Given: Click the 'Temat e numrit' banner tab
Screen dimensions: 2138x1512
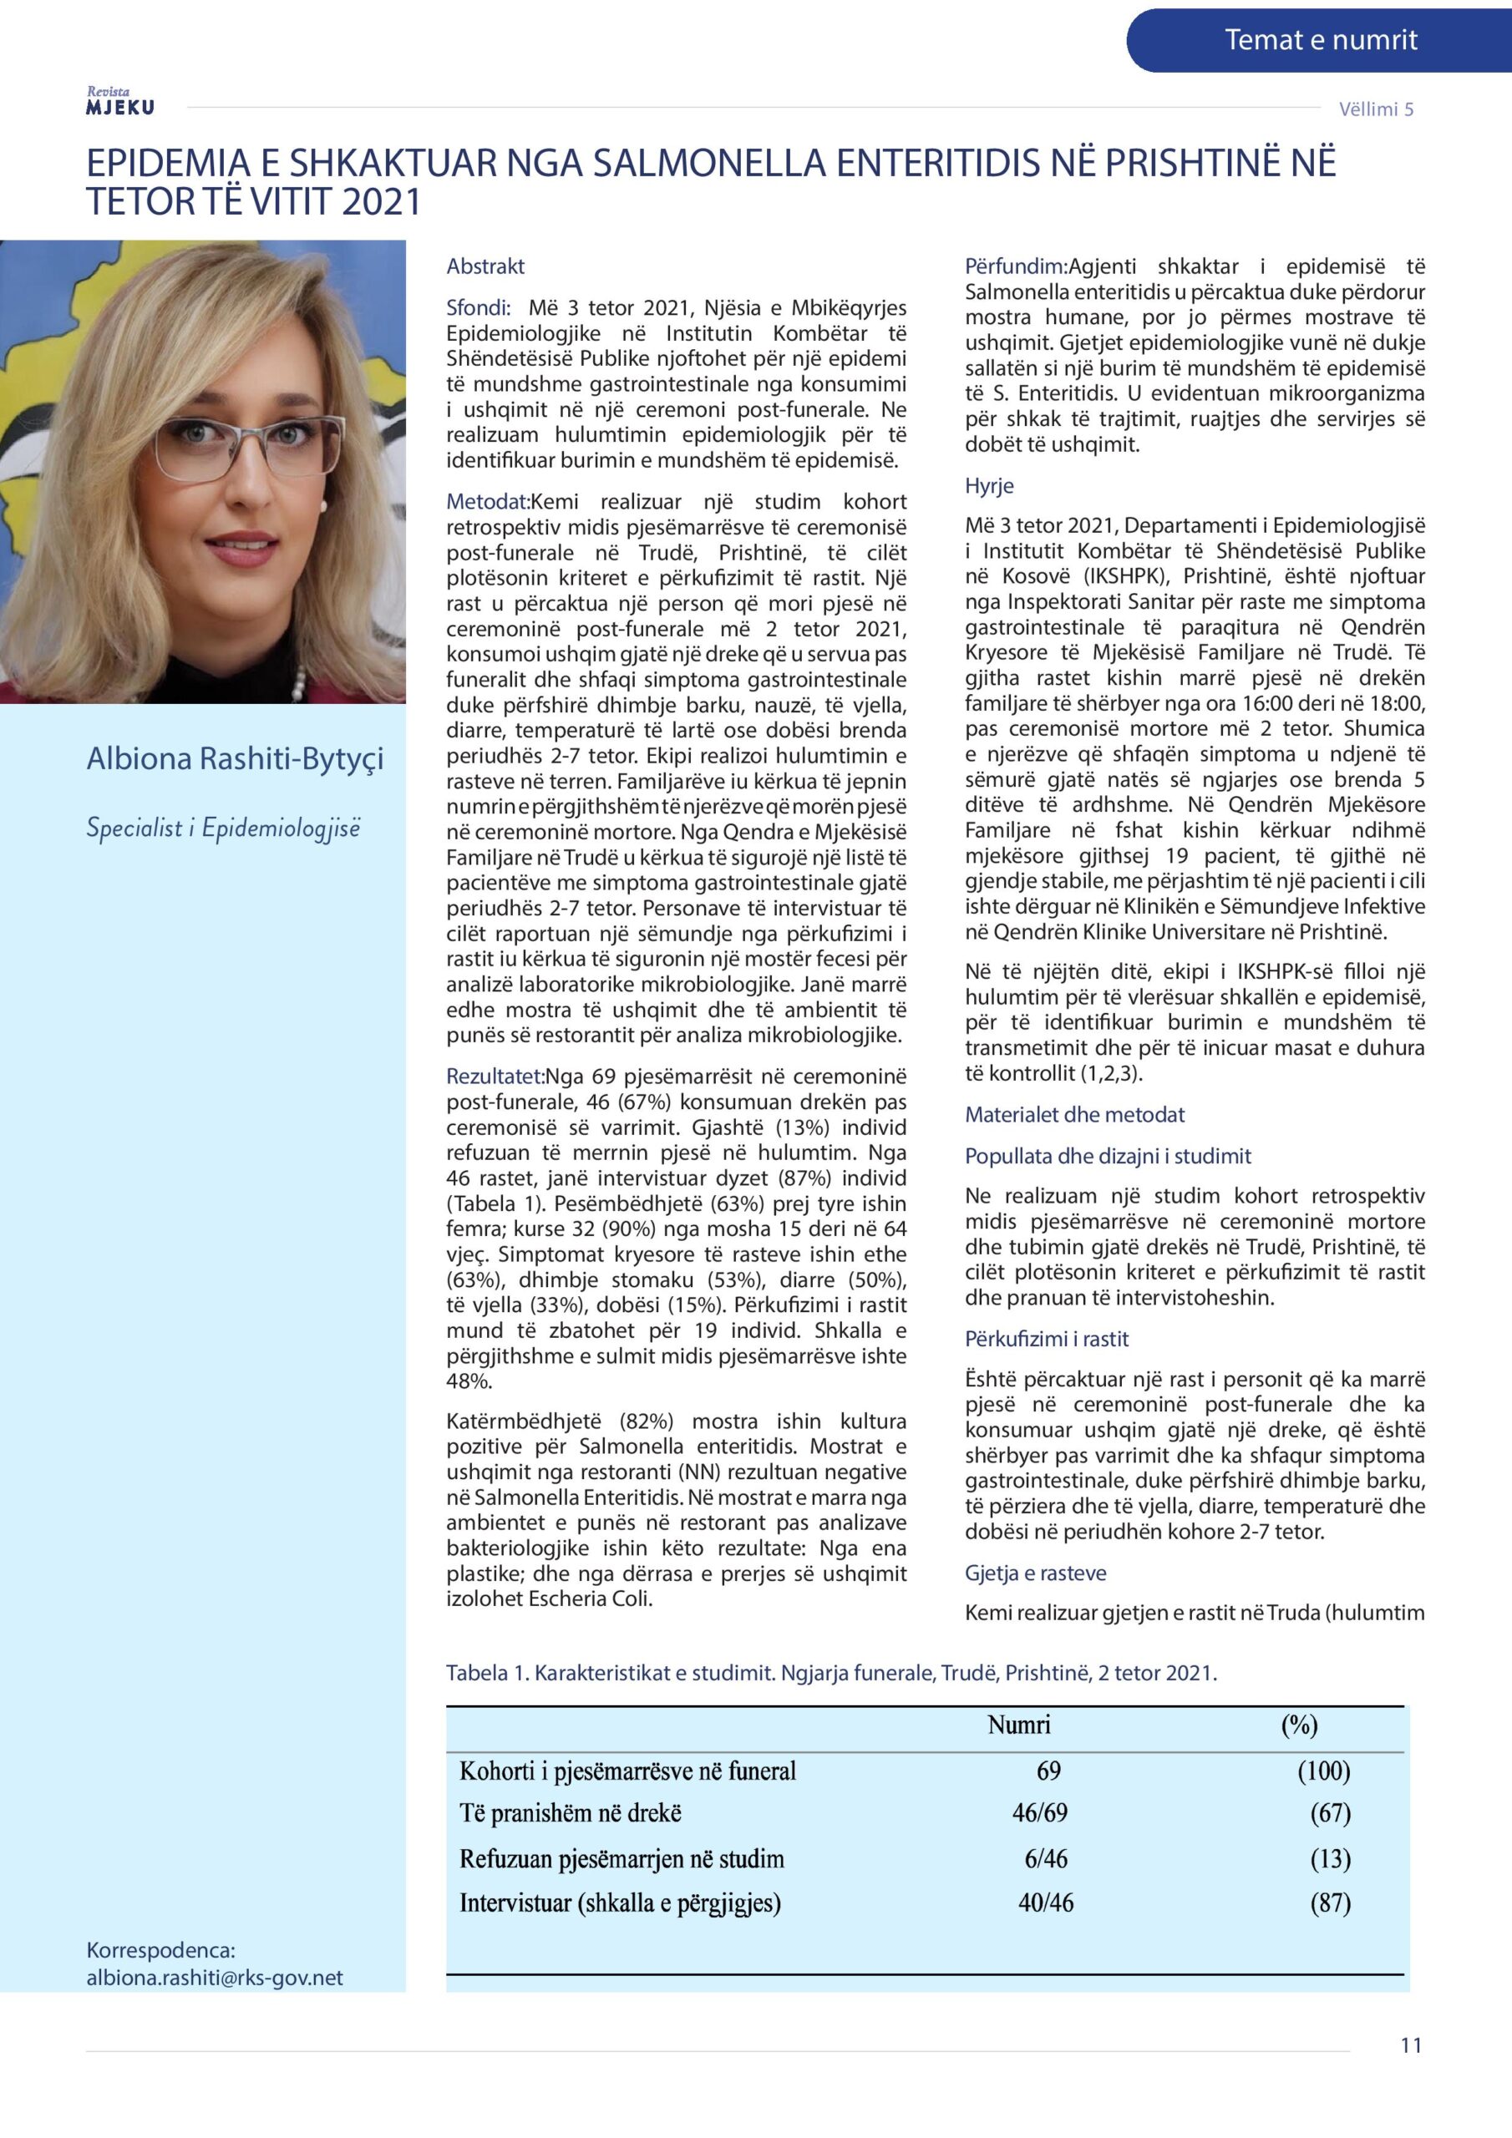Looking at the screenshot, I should click(x=1320, y=40).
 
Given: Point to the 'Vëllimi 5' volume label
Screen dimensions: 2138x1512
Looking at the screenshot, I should click(x=1375, y=109).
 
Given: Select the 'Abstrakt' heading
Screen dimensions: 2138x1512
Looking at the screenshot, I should click(x=485, y=266).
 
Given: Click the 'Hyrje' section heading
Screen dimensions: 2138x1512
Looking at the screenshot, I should click(x=988, y=485).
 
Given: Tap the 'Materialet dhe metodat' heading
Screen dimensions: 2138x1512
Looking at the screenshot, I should click(x=1074, y=1115).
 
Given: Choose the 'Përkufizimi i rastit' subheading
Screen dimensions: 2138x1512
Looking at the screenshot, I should click(x=1046, y=1339).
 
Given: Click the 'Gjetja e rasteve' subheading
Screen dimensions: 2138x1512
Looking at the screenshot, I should click(x=1035, y=1573).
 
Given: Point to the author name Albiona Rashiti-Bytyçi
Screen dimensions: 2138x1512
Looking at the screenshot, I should click(x=235, y=759).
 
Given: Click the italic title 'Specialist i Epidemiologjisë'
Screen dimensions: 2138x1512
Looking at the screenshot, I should click(x=223, y=828).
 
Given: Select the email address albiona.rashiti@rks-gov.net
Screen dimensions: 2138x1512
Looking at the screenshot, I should click(x=215, y=1978).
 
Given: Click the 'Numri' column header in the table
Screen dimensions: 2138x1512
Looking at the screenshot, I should click(x=1018, y=1725).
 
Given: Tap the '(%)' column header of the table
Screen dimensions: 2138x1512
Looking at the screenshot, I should click(x=1299, y=1725).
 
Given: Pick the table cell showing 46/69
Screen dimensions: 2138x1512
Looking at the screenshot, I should click(x=1040, y=1813).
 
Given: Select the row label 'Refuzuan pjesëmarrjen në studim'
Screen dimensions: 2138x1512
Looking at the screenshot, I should click(x=622, y=1859).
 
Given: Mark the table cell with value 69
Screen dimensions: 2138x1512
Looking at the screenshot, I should click(x=1048, y=1771).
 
